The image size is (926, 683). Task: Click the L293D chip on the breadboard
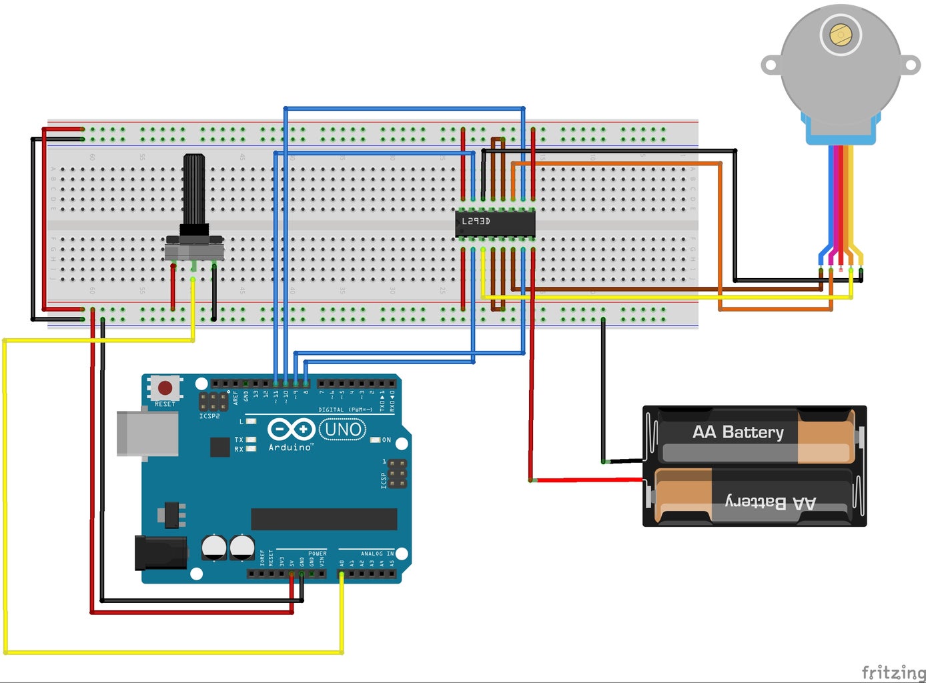tap(495, 223)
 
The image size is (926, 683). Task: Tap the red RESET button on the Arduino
tap(165, 388)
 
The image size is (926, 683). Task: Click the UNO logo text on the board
tap(343, 430)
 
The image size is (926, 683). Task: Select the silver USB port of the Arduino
tap(147, 434)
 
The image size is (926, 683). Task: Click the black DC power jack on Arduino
tap(160, 552)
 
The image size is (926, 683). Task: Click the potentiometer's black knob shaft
tap(194, 190)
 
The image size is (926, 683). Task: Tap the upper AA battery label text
tap(738, 432)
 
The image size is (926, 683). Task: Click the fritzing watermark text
tap(893, 671)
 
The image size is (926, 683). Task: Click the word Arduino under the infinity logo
tap(290, 448)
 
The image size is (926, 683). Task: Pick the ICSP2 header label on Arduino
tap(209, 416)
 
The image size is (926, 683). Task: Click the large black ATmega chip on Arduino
tap(324, 519)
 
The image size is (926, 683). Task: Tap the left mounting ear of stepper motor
tap(771, 65)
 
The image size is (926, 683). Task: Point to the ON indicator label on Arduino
tap(386, 440)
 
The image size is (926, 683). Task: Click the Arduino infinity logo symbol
tap(291, 429)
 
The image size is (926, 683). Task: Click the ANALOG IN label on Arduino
tap(377, 554)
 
